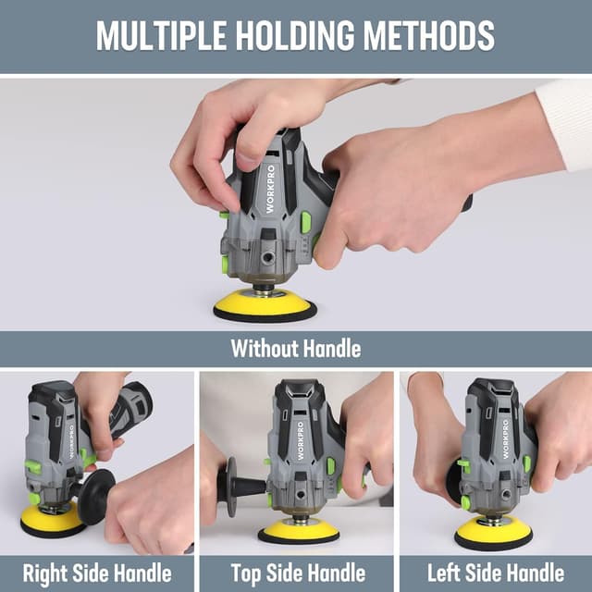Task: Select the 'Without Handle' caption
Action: click(296, 350)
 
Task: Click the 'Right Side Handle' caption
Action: click(97, 573)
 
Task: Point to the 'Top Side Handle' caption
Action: click(298, 573)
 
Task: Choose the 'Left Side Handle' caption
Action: click(496, 573)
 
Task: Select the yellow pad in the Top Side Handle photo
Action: click(299, 530)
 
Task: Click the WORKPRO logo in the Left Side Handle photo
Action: click(505, 438)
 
